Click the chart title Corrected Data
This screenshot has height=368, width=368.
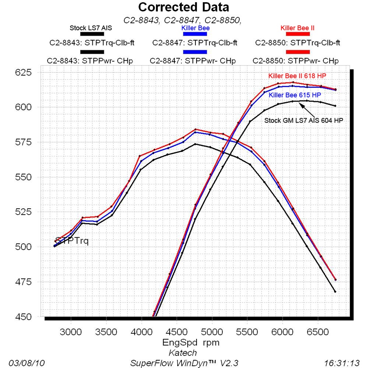coord(184,7)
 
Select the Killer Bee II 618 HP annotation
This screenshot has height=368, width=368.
coord(297,76)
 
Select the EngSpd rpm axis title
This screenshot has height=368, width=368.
coord(191,343)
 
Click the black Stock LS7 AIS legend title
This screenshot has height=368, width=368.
coord(91,28)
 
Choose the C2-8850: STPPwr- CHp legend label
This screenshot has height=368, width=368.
coord(296,60)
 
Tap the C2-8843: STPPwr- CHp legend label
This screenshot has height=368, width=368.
coord(92,60)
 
